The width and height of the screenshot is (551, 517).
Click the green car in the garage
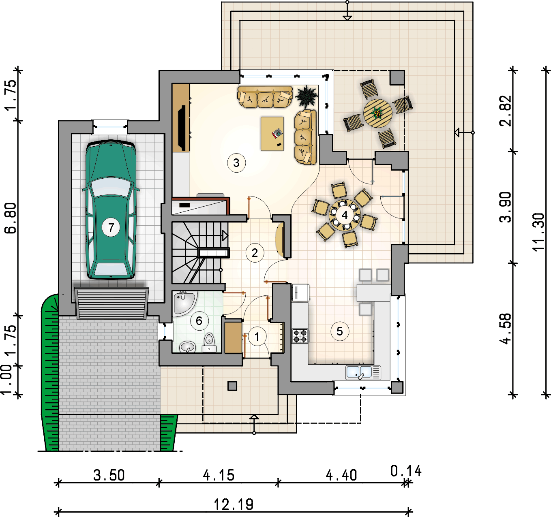111,210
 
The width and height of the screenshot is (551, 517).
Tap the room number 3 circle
236,163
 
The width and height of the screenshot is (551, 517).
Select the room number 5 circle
340,331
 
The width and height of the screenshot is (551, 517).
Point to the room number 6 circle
199,320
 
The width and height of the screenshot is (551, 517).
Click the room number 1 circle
257,336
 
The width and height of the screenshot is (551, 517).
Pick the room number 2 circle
255,253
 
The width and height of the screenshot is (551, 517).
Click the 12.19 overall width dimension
234,504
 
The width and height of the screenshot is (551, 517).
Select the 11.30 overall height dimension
538,232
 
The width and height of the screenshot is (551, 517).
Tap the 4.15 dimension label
219,475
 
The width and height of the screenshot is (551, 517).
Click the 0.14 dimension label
406,471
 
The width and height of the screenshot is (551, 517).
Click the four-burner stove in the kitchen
300,336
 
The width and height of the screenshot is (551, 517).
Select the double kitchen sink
363,372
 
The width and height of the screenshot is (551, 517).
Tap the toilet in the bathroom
209,343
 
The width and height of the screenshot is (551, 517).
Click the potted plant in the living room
306,97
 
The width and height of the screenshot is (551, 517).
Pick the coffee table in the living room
272,134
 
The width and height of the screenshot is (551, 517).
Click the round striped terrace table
377,113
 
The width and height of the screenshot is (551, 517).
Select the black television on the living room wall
182,128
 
